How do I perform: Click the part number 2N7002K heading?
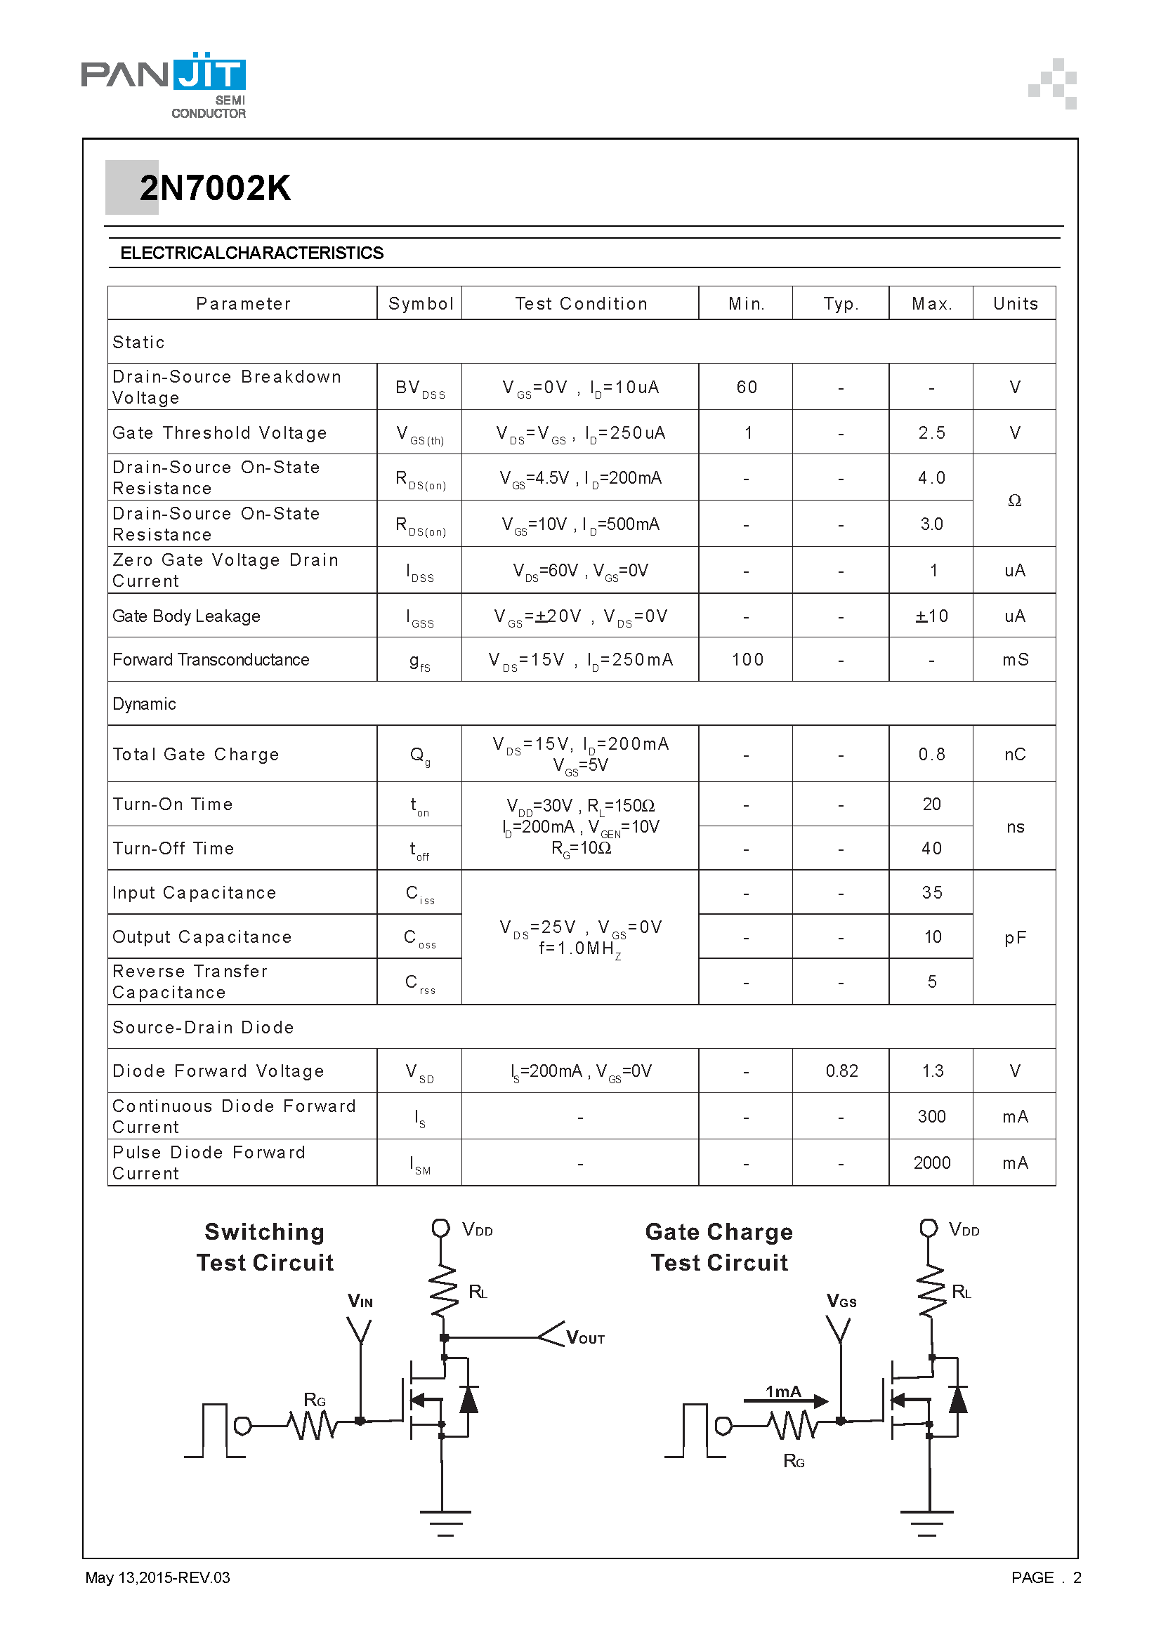point(215,188)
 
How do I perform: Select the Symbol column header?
point(420,304)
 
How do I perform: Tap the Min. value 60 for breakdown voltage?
point(746,388)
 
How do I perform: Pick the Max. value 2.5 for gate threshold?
point(931,433)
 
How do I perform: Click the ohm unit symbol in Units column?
point(1014,501)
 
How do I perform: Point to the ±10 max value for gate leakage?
point(931,616)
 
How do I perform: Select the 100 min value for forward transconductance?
point(747,660)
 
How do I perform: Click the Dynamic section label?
point(144,704)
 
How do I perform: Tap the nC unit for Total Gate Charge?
point(1014,755)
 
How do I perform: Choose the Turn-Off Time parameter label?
point(173,849)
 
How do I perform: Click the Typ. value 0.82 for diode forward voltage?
point(841,1071)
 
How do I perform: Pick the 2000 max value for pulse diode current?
point(931,1163)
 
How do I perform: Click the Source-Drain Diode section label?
point(203,1028)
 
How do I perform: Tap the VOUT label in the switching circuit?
point(585,1338)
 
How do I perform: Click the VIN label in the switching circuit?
point(360,1302)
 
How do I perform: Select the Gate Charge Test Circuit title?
point(719,1247)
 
